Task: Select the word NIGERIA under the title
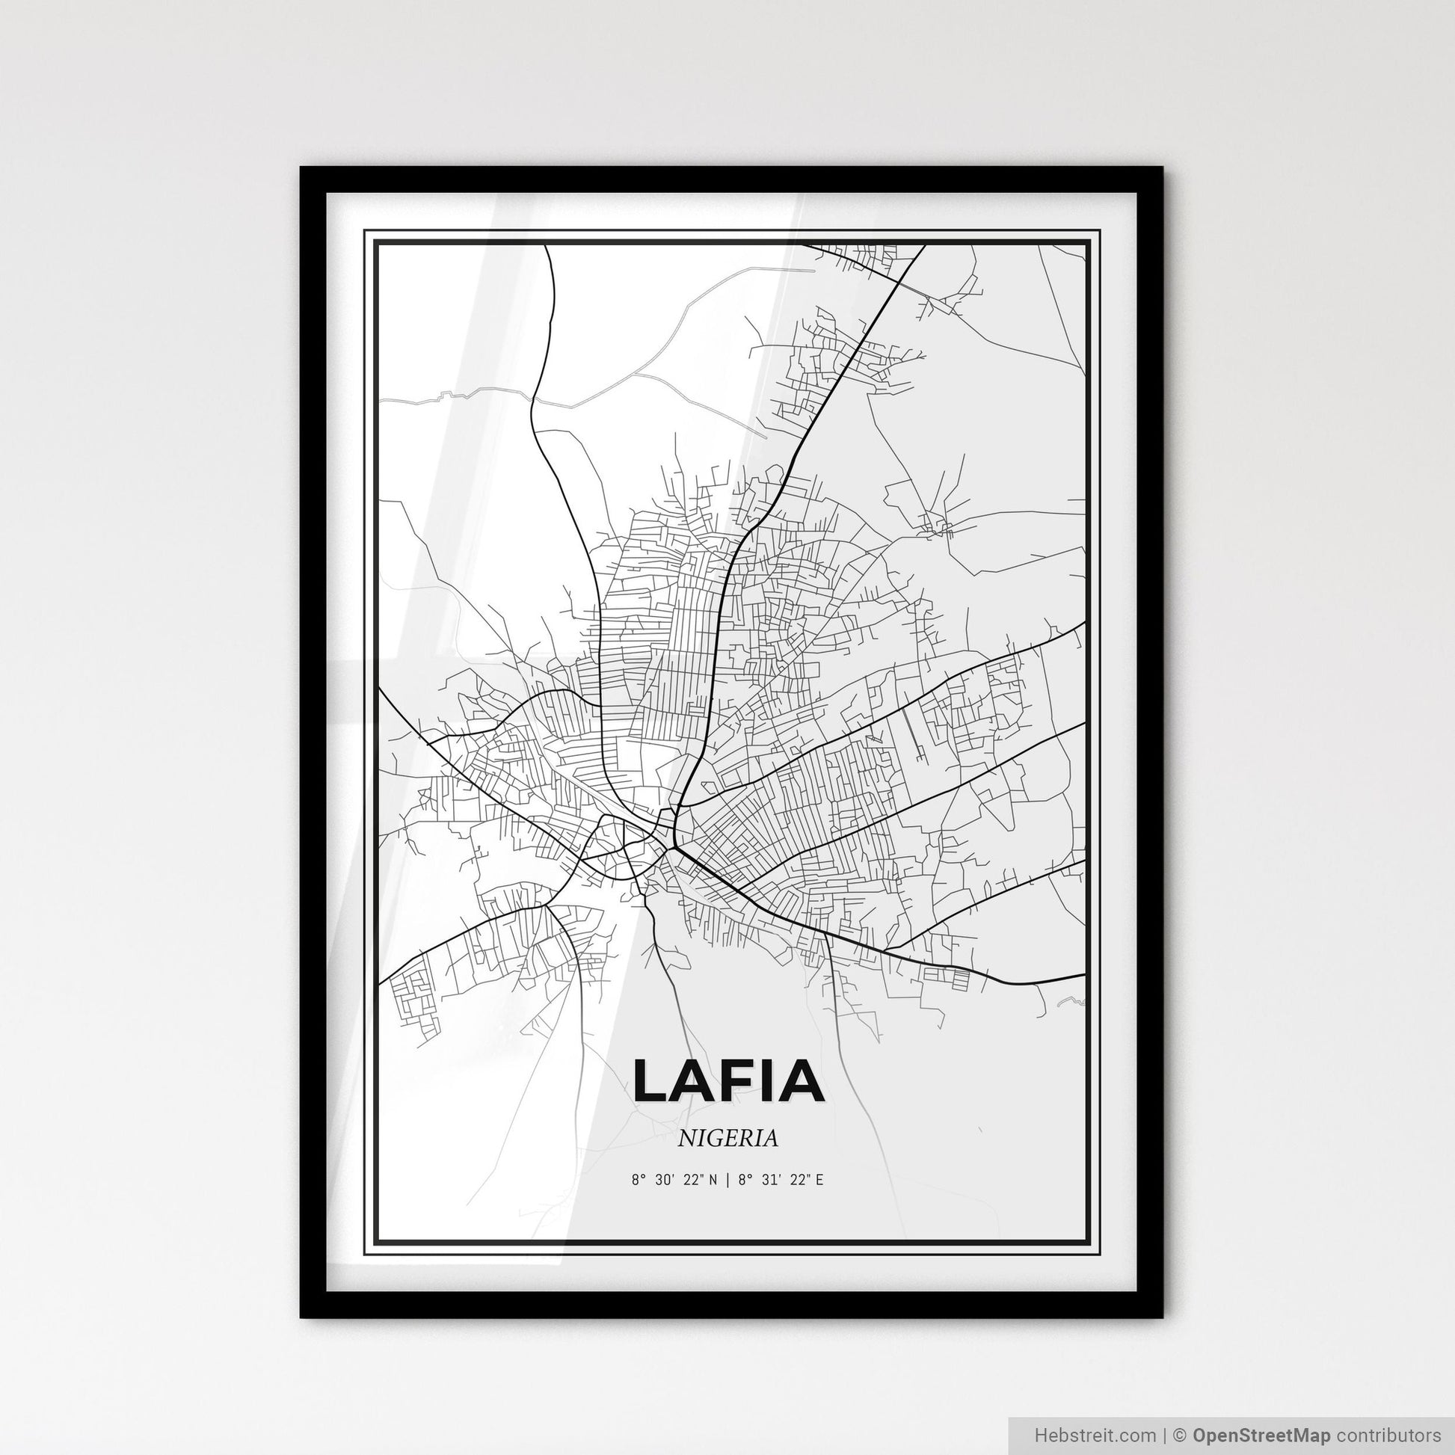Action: (727, 1139)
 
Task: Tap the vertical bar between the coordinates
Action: (727, 1180)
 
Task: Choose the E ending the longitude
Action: (819, 1180)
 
